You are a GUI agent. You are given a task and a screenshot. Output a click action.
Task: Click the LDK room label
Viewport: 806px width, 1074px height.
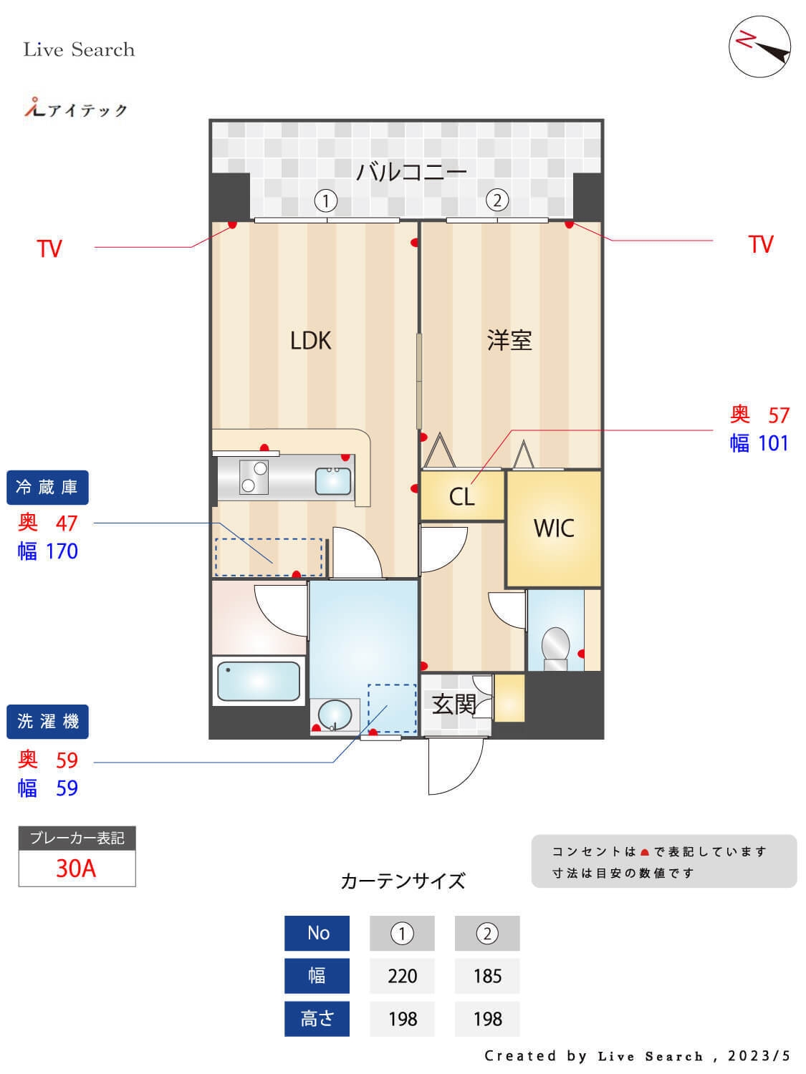(x=310, y=340)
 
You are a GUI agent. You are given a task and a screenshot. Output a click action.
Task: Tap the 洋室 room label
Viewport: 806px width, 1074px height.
(x=509, y=340)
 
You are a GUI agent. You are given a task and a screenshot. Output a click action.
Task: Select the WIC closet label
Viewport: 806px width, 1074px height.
(x=554, y=528)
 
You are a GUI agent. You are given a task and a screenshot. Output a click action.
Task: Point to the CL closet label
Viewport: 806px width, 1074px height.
(x=461, y=496)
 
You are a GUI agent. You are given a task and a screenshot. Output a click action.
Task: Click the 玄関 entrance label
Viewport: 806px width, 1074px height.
(x=454, y=704)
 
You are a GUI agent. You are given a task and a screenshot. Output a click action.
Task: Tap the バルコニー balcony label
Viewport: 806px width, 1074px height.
(x=411, y=172)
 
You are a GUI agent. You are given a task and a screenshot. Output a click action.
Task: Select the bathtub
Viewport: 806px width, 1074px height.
(x=258, y=681)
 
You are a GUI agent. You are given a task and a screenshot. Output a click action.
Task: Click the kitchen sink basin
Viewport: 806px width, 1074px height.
(x=333, y=481)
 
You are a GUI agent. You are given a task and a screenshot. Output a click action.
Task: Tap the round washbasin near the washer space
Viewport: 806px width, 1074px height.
(x=335, y=715)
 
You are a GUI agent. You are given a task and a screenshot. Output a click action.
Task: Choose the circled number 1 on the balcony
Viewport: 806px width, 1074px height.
(x=326, y=200)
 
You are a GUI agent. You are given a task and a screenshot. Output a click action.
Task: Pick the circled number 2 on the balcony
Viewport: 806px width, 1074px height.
(x=496, y=200)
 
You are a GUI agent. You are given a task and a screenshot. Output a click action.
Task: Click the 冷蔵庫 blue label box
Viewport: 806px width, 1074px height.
(x=47, y=488)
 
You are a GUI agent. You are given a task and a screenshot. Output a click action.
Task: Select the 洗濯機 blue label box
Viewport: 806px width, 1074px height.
(x=47, y=722)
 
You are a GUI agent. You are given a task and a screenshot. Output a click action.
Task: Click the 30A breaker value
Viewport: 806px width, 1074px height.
(x=76, y=869)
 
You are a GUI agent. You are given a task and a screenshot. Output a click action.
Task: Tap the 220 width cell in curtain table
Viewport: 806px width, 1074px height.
(x=402, y=976)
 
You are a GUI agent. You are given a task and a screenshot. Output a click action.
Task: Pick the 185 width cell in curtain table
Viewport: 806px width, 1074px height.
(x=487, y=976)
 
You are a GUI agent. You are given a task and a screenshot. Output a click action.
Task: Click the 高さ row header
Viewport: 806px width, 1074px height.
(x=317, y=1018)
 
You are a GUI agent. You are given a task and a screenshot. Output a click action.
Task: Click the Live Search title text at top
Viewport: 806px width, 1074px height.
(x=79, y=49)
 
